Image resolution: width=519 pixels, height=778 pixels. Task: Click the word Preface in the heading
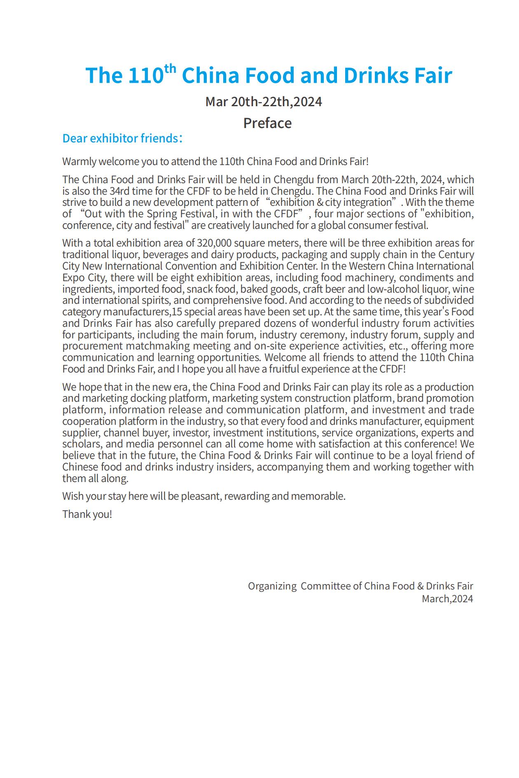click(267, 123)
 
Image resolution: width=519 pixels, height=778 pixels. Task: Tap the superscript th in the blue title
click(170, 68)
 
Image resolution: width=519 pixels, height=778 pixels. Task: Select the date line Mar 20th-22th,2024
click(264, 102)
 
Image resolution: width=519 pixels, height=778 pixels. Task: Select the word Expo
click(74, 277)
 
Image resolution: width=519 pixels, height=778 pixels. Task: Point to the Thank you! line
click(87, 514)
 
